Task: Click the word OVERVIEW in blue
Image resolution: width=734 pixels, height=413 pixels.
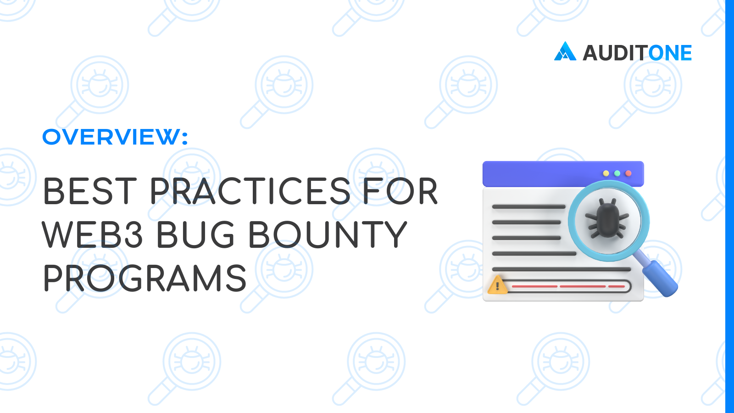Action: tap(112, 137)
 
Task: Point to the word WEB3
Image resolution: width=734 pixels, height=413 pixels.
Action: tap(92, 234)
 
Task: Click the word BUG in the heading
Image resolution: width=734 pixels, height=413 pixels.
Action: tap(195, 234)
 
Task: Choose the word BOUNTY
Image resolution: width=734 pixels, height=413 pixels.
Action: tap(328, 234)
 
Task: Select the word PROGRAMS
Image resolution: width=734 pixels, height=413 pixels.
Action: tap(145, 278)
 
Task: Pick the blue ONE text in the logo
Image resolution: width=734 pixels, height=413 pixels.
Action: tap(670, 53)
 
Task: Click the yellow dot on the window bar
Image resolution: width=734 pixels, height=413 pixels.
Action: tap(606, 173)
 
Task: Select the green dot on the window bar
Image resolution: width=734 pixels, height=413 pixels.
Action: tap(617, 173)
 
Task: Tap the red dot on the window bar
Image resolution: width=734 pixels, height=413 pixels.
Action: tap(628, 173)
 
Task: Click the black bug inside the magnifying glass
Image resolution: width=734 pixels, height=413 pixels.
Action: tap(607, 218)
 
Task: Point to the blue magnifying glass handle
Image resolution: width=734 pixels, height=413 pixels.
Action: tap(659, 278)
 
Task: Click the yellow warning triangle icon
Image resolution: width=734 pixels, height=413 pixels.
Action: tap(497, 285)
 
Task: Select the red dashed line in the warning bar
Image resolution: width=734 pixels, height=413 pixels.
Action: tap(568, 286)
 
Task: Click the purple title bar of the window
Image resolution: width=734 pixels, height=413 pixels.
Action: tap(563, 174)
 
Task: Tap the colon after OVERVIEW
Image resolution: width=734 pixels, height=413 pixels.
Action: tap(185, 137)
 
